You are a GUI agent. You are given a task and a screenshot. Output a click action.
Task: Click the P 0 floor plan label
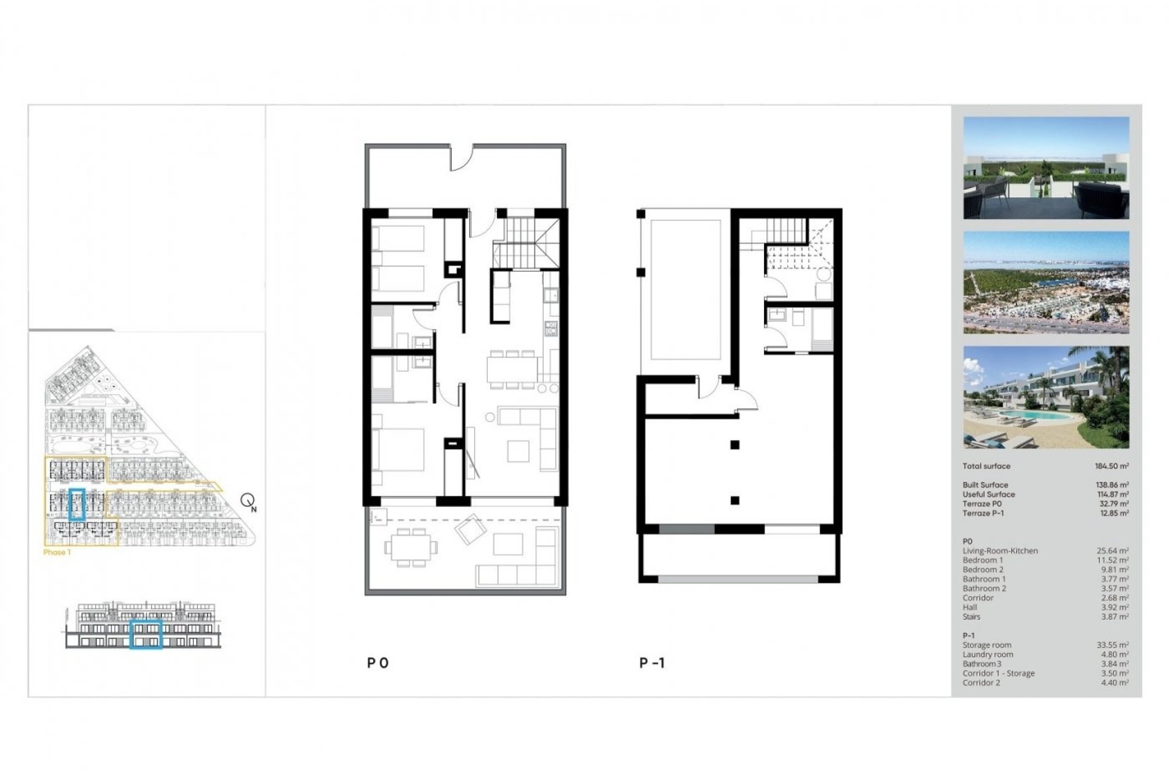377,663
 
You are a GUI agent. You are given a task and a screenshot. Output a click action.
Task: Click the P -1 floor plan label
652,663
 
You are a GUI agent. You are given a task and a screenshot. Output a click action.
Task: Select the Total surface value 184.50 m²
1112,466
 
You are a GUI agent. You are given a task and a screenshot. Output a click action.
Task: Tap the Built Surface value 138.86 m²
1112,485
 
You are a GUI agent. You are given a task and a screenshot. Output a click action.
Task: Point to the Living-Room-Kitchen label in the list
1000,551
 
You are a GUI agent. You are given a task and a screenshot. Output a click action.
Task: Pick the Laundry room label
988,655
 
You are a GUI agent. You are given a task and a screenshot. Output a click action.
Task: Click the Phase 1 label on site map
57,553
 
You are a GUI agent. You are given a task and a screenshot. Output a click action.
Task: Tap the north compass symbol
248,501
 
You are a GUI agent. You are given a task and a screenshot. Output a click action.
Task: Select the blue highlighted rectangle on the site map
77,504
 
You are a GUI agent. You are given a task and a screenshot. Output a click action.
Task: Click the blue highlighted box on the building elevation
146,635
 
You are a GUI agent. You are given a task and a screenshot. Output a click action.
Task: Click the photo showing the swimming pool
1046,397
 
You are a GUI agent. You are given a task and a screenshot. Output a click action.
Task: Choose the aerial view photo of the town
1046,282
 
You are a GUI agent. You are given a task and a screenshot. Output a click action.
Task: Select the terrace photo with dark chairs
1046,168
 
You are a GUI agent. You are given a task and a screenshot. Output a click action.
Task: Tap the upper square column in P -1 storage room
735,445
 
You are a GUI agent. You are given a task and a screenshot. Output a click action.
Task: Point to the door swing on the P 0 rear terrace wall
462,159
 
